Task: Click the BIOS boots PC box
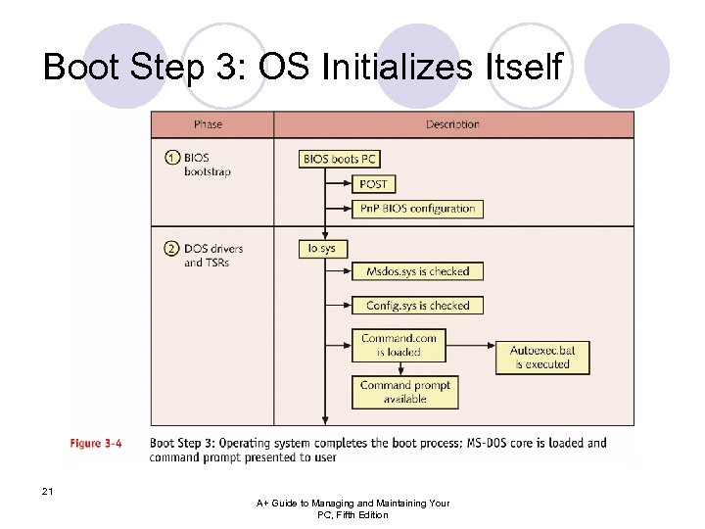tap(339, 158)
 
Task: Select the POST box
tap(373, 183)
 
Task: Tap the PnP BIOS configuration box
tap(417, 208)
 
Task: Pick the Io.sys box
tap(322, 248)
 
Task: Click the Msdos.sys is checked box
tap(417, 271)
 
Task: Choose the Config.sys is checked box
tap(417, 306)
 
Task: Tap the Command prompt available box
tap(404, 392)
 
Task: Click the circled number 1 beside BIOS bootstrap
tap(171, 158)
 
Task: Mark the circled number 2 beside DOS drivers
tap(171, 249)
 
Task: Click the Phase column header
tap(208, 124)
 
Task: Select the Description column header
tap(452, 124)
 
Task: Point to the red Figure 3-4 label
tap(95, 443)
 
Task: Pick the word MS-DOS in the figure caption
tap(500, 443)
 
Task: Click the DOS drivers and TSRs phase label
tap(212, 255)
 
